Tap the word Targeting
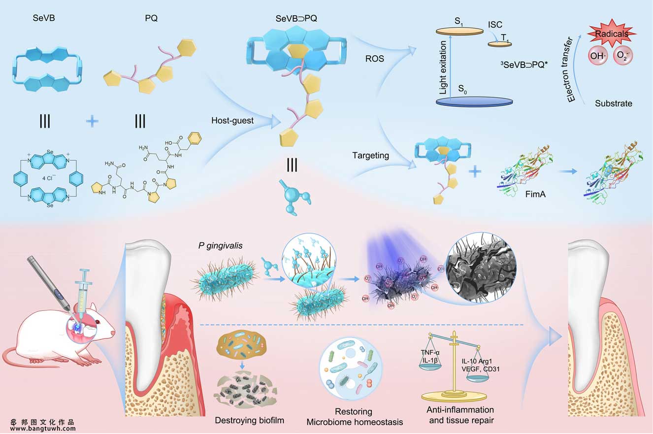pos(371,156)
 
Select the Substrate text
pos(613,103)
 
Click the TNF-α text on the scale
pos(430,353)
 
